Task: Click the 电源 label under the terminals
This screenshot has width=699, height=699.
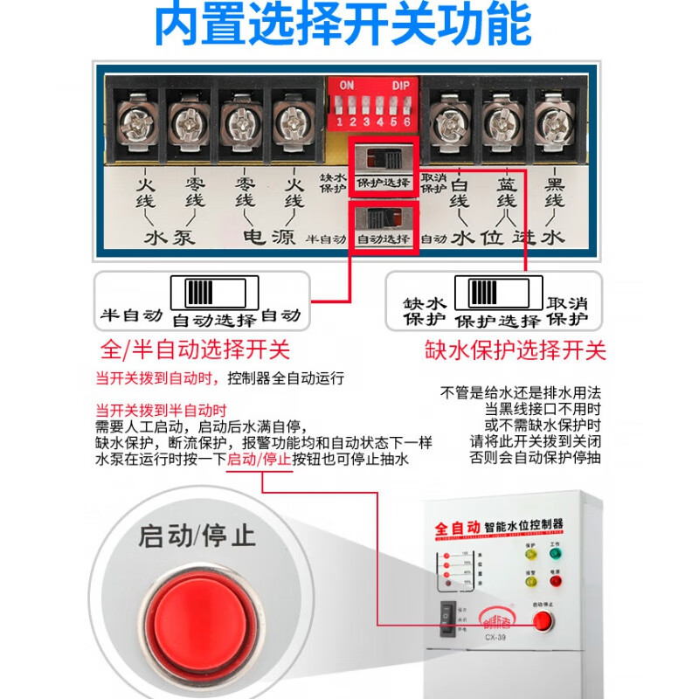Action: click(x=267, y=237)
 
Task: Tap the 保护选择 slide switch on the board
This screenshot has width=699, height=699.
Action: click(x=383, y=160)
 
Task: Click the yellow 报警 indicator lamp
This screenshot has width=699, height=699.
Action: click(x=529, y=582)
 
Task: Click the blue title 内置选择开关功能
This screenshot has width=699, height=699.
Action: click(x=343, y=26)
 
